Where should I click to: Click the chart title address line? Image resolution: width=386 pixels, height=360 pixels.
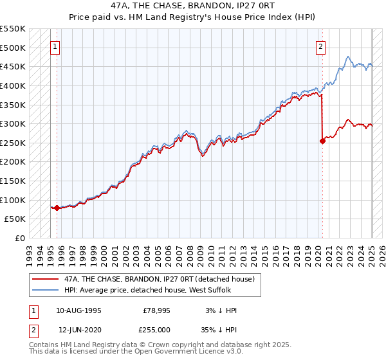(x=192, y=6)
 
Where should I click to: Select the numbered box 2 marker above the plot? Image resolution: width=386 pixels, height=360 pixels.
(x=320, y=46)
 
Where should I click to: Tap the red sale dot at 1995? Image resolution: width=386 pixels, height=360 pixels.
(x=57, y=208)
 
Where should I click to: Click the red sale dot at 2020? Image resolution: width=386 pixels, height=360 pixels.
(x=322, y=141)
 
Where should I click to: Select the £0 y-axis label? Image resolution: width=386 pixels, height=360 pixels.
(x=19, y=238)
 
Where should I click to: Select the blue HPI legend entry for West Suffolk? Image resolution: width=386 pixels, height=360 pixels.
(x=147, y=291)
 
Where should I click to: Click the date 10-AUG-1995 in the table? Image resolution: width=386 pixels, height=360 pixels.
(x=78, y=310)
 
